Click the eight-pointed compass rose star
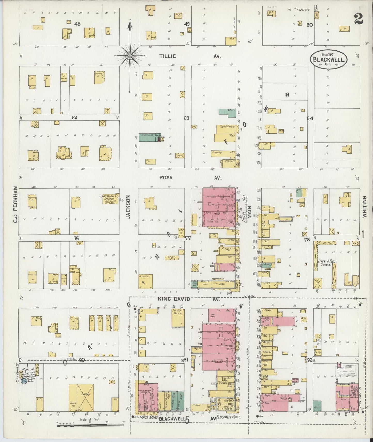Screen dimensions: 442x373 click(x=130, y=56)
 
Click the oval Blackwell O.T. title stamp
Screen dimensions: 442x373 click(x=328, y=58)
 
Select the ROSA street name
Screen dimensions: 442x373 click(x=165, y=178)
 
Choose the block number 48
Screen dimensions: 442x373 click(x=77, y=24)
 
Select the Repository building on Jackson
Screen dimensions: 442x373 click(x=146, y=281)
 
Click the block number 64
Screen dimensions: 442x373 click(x=310, y=118)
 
